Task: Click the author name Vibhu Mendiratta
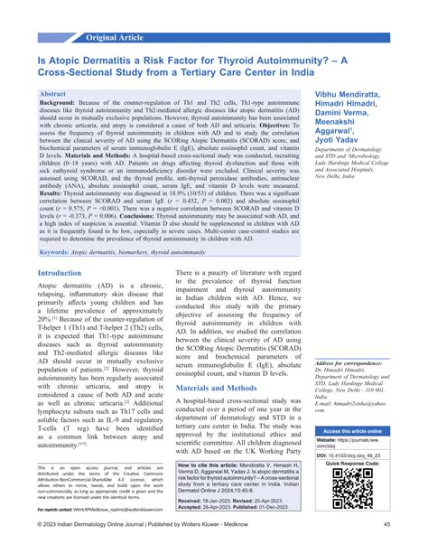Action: click(x=358, y=95)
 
